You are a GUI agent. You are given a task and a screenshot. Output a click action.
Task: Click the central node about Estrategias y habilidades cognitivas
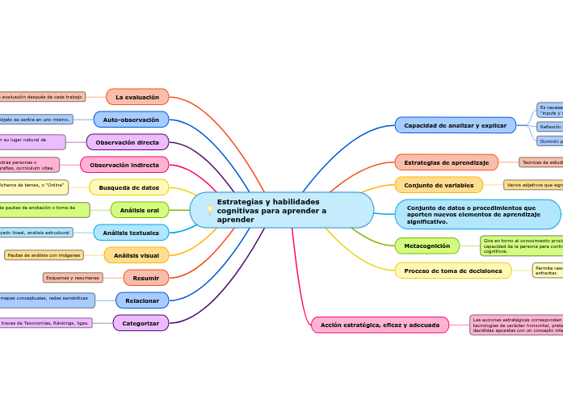point(281,210)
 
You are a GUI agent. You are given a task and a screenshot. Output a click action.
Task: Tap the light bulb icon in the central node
point(210,210)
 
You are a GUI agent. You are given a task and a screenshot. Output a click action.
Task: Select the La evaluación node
point(137,97)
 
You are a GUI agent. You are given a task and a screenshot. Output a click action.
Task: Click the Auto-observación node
point(131,120)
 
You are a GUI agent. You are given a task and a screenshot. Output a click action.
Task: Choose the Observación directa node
point(128,142)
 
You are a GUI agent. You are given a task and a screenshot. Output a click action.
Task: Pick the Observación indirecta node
point(124,165)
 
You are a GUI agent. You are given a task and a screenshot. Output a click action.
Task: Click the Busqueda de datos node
point(129,187)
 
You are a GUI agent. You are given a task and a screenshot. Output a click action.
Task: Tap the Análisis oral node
point(140,210)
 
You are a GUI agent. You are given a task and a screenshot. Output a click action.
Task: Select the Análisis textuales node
point(131,233)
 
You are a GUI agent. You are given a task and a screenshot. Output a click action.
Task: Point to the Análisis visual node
point(137,255)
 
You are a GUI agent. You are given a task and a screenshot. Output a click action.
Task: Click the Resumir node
point(146,278)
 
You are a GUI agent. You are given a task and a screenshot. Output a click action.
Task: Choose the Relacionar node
point(142,300)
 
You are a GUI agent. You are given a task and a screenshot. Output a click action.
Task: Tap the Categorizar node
point(141,323)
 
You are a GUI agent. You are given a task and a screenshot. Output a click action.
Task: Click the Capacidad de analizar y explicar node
point(456,125)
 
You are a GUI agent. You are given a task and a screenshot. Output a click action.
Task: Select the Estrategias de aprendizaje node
point(447,162)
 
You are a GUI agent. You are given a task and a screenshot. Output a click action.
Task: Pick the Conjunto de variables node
point(439,185)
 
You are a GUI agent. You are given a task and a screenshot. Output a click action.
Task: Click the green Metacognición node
point(427,246)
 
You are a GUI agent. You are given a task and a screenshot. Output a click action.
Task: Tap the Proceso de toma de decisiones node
point(453,271)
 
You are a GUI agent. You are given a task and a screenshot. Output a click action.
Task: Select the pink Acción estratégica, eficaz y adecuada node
point(380,325)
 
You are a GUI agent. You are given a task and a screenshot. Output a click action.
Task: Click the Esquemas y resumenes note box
point(73,278)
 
